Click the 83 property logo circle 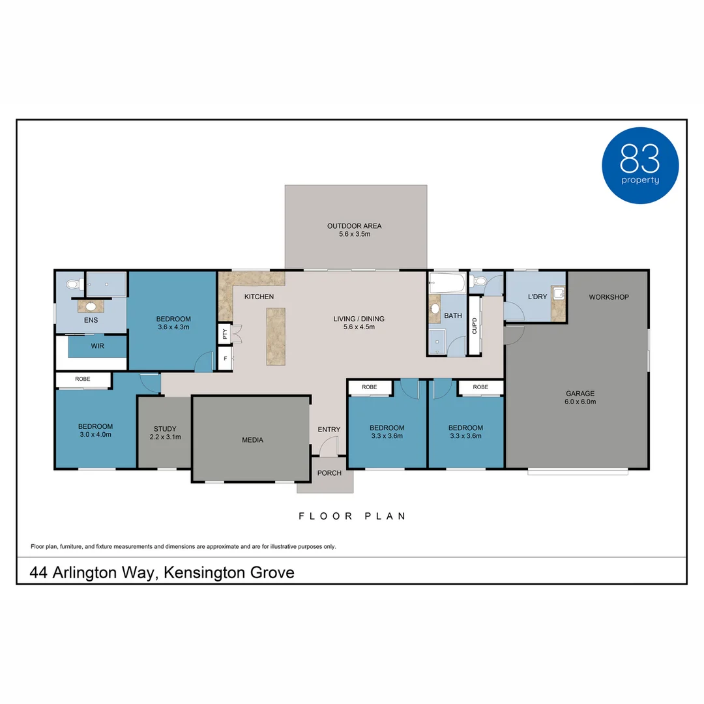639,165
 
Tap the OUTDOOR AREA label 354,226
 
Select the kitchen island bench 276,336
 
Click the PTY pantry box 225,334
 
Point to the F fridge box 225,359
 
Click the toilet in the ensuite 72,284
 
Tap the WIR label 97,345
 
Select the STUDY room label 165,429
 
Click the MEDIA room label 252,440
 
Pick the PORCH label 329,473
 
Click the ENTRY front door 329,447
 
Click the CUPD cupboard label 475,326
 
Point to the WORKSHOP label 608,297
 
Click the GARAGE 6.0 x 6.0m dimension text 579,402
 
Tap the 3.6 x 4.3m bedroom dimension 173,327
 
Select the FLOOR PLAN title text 352,516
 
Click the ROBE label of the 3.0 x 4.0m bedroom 82,379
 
